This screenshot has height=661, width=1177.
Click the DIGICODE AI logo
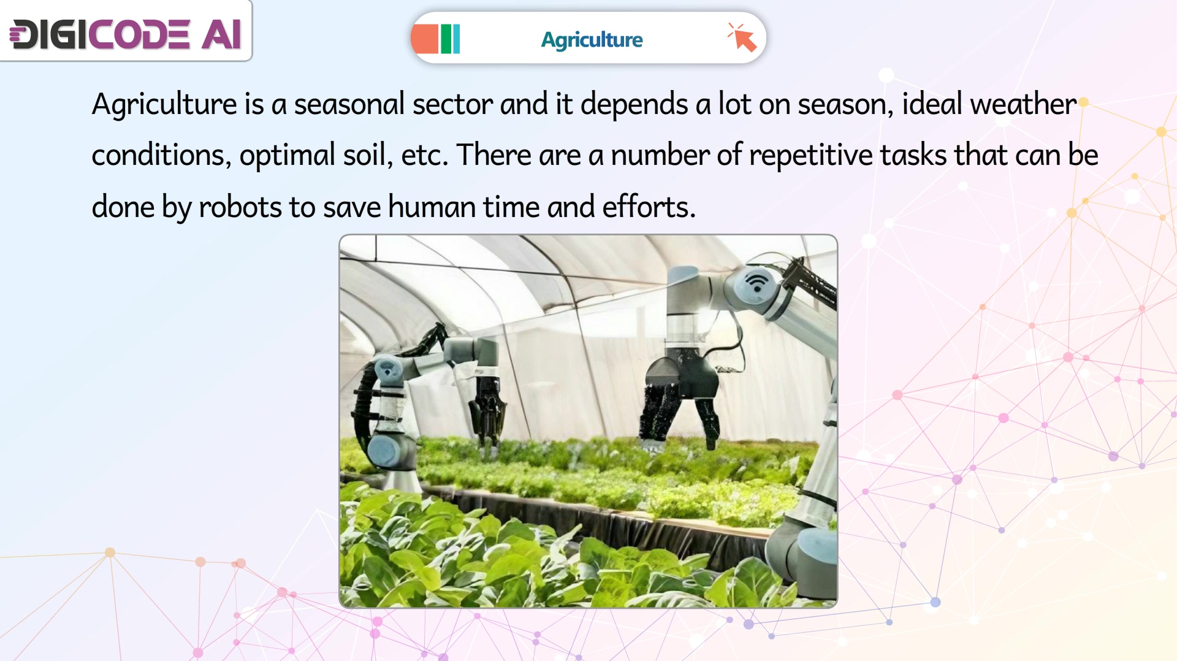(x=126, y=34)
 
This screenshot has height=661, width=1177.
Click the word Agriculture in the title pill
(x=592, y=40)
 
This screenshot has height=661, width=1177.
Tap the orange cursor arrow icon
(x=742, y=37)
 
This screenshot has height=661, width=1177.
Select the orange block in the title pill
(x=425, y=39)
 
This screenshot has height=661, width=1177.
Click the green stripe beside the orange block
(x=446, y=39)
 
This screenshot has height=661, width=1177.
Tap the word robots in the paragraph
(x=240, y=207)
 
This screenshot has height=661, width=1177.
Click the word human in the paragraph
(x=432, y=207)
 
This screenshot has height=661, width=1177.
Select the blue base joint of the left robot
(x=391, y=452)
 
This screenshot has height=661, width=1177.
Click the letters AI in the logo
(x=221, y=34)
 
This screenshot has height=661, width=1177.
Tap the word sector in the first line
(x=452, y=104)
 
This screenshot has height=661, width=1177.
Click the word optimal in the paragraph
(x=287, y=155)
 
